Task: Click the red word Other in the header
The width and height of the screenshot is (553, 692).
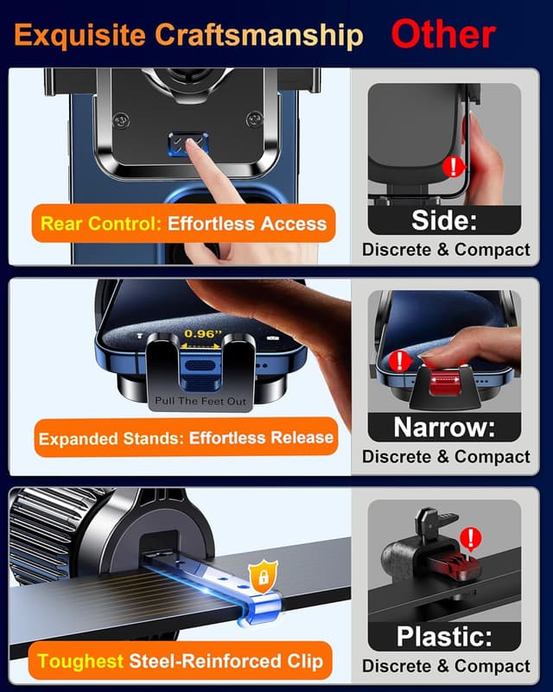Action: point(443,35)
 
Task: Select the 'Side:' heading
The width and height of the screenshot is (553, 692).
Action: point(444,220)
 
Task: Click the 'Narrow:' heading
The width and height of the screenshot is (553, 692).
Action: point(444,427)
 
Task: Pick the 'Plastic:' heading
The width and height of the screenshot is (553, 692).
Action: point(444,637)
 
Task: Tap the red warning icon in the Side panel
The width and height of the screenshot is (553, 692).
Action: point(451,167)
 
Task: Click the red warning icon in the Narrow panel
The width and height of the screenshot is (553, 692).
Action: point(399,360)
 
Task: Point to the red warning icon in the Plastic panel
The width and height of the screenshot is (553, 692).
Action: point(471,540)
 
